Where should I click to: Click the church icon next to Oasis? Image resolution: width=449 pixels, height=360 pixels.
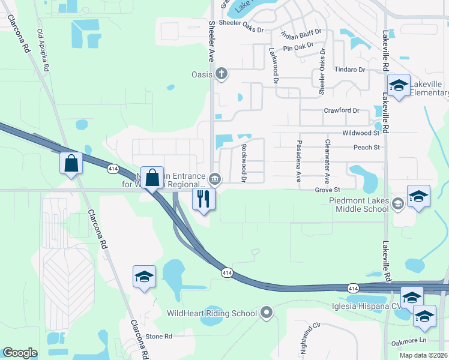tap(221, 74)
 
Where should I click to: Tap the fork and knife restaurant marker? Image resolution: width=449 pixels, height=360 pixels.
tap(204, 198)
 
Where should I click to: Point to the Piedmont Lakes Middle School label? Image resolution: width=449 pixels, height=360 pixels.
tap(359, 205)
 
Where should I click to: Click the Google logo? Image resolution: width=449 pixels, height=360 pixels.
tap(20, 353)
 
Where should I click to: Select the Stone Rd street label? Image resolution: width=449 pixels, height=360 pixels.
tap(159, 337)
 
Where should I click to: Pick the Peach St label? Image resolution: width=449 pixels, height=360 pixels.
tap(367, 147)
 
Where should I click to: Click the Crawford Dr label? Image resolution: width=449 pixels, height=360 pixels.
tap(341, 110)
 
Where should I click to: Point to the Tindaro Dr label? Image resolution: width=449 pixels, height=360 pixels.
tap(350, 70)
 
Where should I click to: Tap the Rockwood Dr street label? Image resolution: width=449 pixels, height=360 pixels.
tap(244, 162)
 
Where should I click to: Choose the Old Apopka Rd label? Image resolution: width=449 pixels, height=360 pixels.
tap(43, 50)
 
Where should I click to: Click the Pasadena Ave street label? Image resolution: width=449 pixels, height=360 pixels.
tap(298, 161)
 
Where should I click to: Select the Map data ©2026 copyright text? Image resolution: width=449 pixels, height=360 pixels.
tap(422, 355)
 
